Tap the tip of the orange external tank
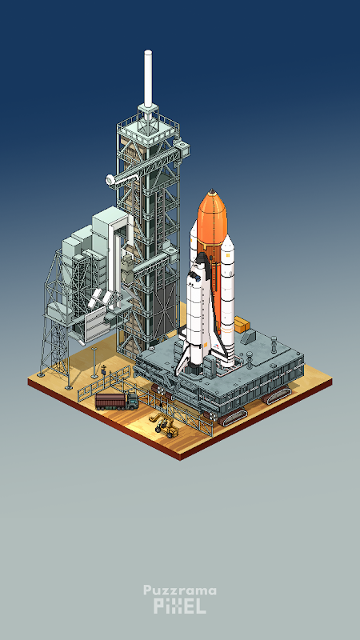211,190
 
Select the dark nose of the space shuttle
202,258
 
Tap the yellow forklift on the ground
166,425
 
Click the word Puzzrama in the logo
179,590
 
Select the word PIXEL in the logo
179,606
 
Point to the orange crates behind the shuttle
242,325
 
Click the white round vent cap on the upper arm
110,180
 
